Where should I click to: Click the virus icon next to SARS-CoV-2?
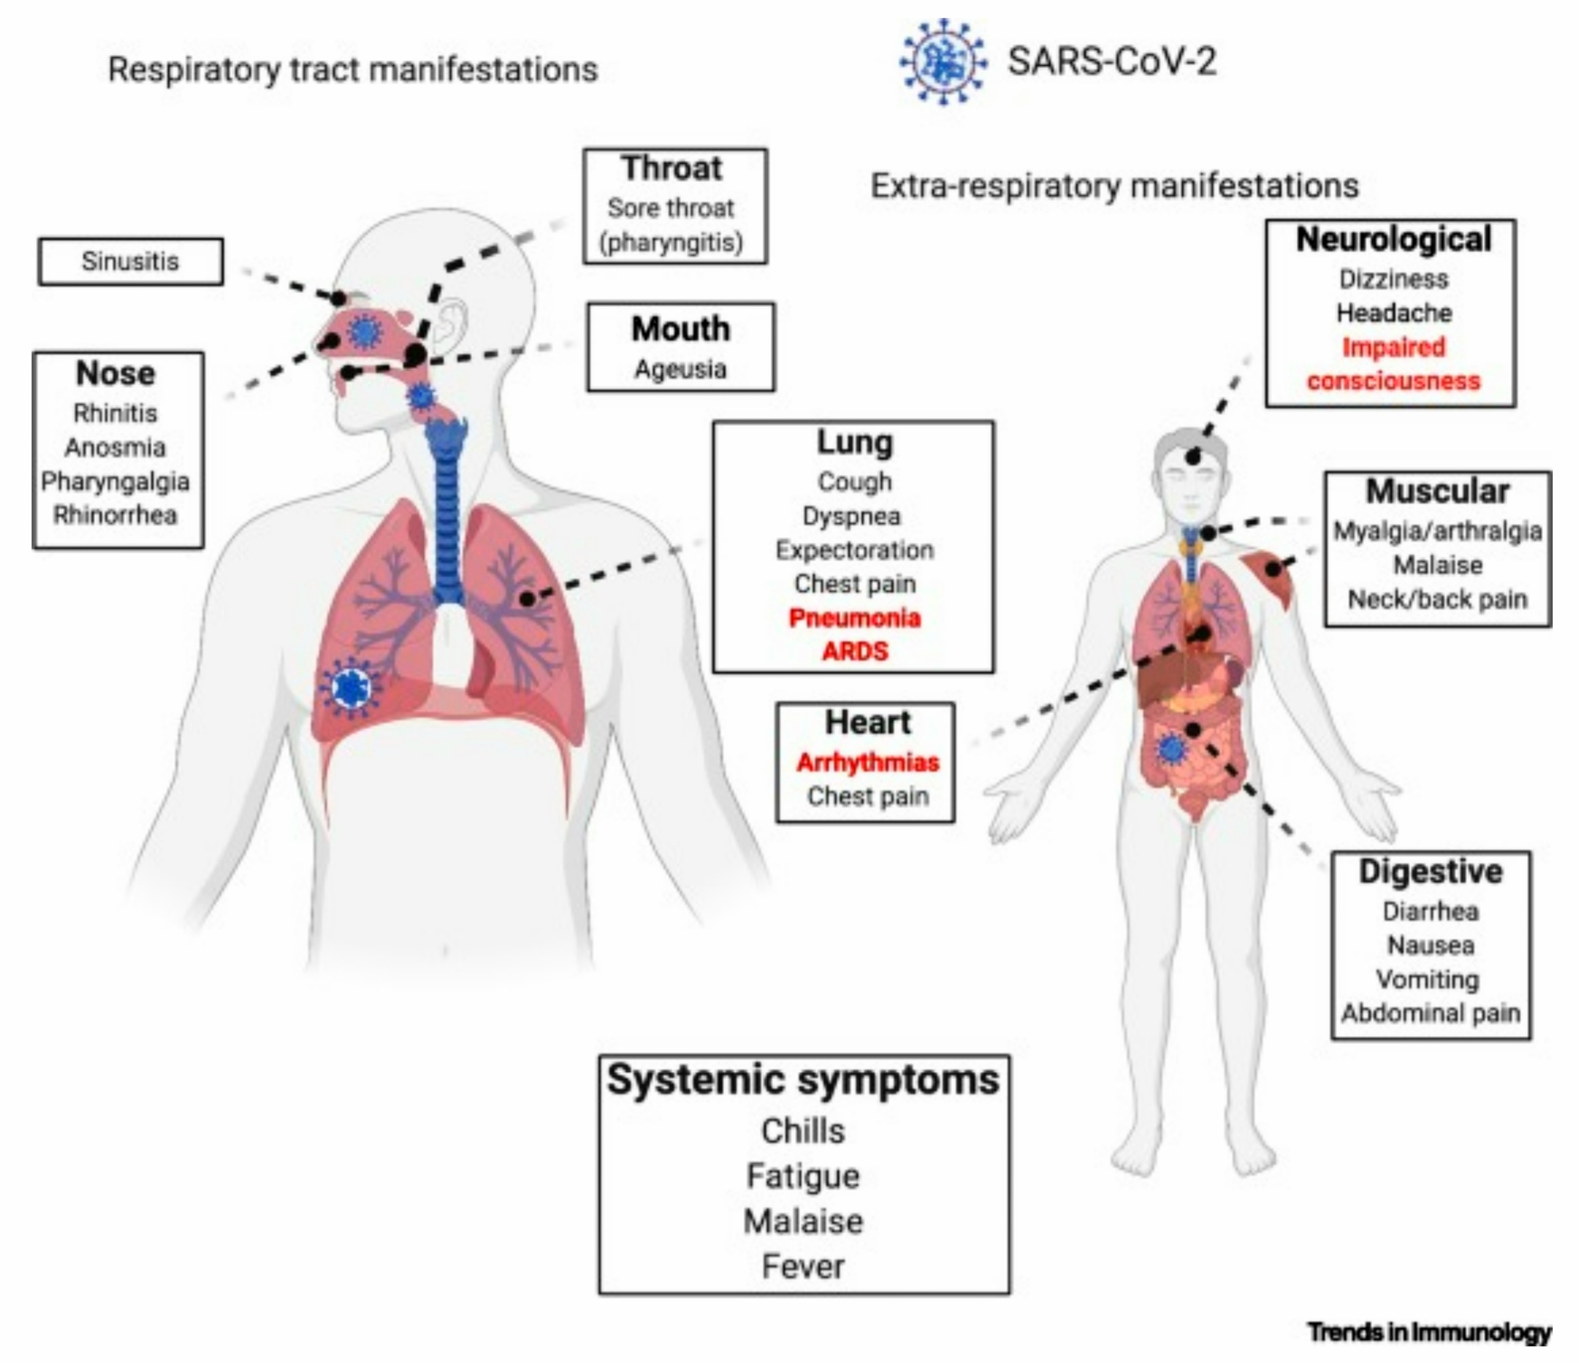tap(944, 62)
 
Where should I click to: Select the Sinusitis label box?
tap(130, 261)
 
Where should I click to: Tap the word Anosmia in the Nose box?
tap(115, 447)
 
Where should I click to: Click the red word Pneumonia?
tap(854, 617)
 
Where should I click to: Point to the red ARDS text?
tap(854, 652)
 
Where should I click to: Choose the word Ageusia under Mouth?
tap(681, 370)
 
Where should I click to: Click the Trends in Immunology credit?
tap(1430, 1332)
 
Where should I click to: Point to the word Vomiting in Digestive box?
tap(1427, 979)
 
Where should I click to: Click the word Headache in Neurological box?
tap(1394, 312)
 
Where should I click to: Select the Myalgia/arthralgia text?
tap(1437, 531)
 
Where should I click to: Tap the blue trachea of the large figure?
tap(446, 518)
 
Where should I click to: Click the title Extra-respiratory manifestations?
tap(1114, 186)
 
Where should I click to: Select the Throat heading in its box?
tap(671, 168)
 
